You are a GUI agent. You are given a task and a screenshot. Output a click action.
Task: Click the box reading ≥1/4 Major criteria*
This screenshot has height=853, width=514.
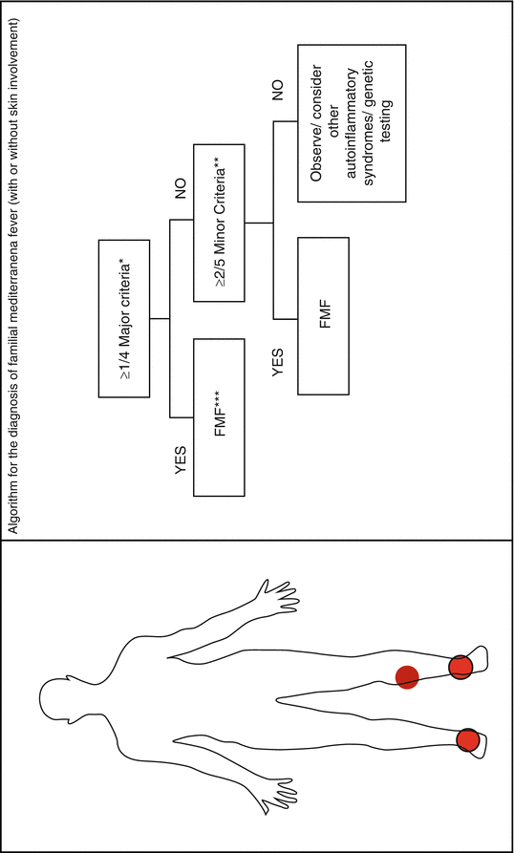pos(123,318)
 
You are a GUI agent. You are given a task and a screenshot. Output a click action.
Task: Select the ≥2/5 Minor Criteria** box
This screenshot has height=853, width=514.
pos(219,223)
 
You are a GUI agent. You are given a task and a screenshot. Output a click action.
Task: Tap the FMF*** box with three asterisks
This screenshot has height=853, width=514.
pos(219,417)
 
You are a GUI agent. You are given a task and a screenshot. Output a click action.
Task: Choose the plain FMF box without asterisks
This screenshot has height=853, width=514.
pos(324,316)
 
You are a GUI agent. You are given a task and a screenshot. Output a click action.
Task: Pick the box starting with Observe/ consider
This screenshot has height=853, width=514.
pos(352,123)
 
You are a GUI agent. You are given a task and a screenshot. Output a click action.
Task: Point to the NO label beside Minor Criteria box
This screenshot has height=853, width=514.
pos(181,187)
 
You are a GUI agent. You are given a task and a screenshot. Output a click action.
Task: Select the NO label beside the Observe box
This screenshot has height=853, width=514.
pos(278,88)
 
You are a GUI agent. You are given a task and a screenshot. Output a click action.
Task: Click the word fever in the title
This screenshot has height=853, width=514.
pos(12,219)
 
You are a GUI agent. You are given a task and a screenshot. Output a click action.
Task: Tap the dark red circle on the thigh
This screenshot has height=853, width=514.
pos(407,677)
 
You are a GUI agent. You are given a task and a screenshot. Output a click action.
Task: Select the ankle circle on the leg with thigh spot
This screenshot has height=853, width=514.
pos(460,667)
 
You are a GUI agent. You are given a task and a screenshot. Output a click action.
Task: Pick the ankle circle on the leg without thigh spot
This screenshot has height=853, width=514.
pos(468,740)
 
